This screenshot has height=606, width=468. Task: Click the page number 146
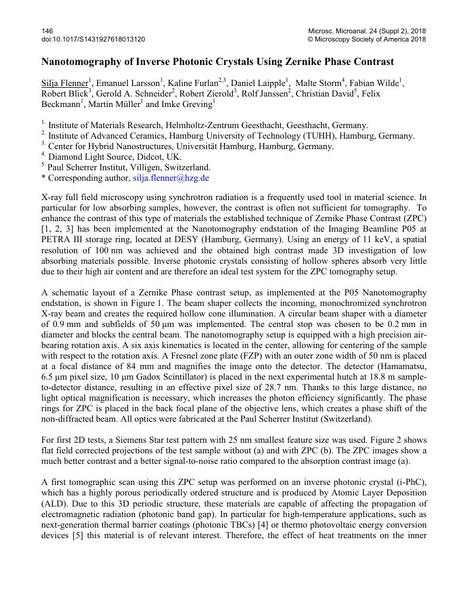tap(47, 30)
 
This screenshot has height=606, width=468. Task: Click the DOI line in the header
tap(93, 39)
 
